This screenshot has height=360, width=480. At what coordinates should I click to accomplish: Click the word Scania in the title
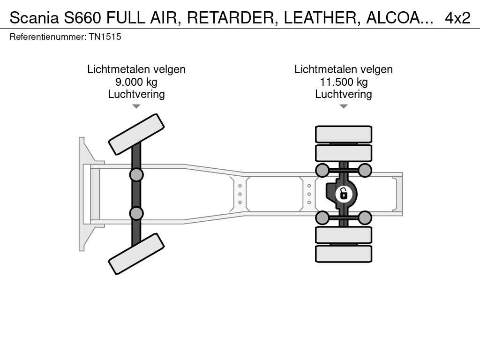pyautogui.click(x=34, y=18)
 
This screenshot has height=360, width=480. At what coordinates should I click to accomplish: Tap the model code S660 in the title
pyautogui.click(x=82, y=18)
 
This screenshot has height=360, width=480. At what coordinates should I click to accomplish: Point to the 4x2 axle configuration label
pyautogui.click(x=457, y=18)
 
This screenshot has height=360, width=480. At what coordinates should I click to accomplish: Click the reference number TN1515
pyautogui.click(x=105, y=37)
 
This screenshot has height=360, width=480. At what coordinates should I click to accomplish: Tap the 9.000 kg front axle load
pyautogui.click(x=136, y=82)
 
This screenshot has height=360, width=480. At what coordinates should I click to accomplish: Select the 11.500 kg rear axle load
pyautogui.click(x=344, y=82)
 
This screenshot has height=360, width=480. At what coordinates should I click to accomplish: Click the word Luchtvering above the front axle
pyautogui.click(x=136, y=94)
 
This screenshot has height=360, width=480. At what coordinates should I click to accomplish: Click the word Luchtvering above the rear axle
pyautogui.click(x=344, y=94)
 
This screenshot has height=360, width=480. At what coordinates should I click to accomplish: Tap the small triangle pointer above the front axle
pyautogui.click(x=136, y=106)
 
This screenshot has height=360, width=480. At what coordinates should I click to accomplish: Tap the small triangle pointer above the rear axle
pyautogui.click(x=344, y=106)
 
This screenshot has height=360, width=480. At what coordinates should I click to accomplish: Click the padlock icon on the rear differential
pyautogui.click(x=344, y=194)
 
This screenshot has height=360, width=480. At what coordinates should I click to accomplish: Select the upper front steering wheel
pyautogui.click(x=136, y=134)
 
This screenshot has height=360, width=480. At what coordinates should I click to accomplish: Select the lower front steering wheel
pyautogui.click(x=136, y=254)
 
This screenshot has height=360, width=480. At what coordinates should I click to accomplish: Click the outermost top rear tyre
pyautogui.click(x=344, y=134)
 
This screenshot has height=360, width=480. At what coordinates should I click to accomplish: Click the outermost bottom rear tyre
pyautogui.click(x=344, y=254)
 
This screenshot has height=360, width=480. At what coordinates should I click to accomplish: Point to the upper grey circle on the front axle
pyautogui.click(x=136, y=175)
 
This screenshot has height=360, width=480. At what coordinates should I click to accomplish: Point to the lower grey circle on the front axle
pyautogui.click(x=136, y=213)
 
